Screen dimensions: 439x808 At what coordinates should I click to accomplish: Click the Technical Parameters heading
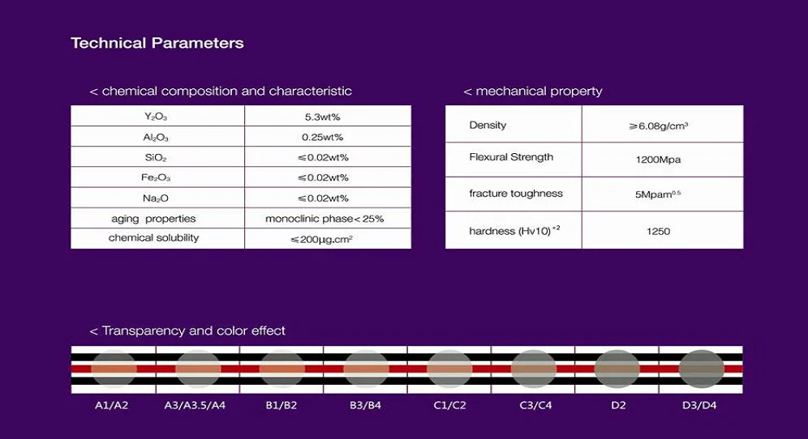point(157,44)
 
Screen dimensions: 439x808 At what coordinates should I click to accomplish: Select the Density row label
point(488,125)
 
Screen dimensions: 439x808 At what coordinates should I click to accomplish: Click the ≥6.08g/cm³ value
point(658,126)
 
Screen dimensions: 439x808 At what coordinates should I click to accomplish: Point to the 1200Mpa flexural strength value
point(658,160)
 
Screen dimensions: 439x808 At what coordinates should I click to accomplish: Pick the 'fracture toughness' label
point(515,194)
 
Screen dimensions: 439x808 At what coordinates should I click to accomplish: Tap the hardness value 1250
point(658,231)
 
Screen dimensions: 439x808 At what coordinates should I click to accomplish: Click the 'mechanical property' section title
point(533,91)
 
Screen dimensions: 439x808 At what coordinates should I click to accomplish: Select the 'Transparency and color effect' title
point(187,330)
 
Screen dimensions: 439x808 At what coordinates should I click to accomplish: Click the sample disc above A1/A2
point(114,369)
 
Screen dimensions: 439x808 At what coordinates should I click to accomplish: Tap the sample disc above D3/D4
point(702,369)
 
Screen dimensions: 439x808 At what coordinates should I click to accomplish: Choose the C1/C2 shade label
point(449,405)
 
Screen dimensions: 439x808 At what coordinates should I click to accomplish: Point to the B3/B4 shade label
point(365,405)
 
